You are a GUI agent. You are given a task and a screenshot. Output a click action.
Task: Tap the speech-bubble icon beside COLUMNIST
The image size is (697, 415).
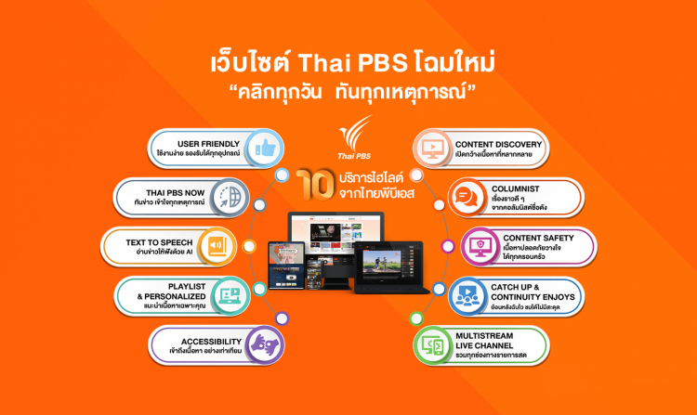pyautogui.click(x=467, y=197)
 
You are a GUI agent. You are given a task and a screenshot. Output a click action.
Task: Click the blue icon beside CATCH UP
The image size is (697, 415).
pyautogui.click(x=465, y=295)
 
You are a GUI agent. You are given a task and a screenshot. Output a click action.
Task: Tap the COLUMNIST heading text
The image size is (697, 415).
pyautogui.click(x=520, y=189)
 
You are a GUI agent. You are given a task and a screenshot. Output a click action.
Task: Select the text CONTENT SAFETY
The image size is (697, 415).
pyautogui.click(x=540, y=238)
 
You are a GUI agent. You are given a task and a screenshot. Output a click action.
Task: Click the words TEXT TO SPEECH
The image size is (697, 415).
pyautogui.click(x=160, y=241)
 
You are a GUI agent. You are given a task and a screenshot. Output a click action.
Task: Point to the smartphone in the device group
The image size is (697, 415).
pyautogui.click(x=281, y=266)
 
